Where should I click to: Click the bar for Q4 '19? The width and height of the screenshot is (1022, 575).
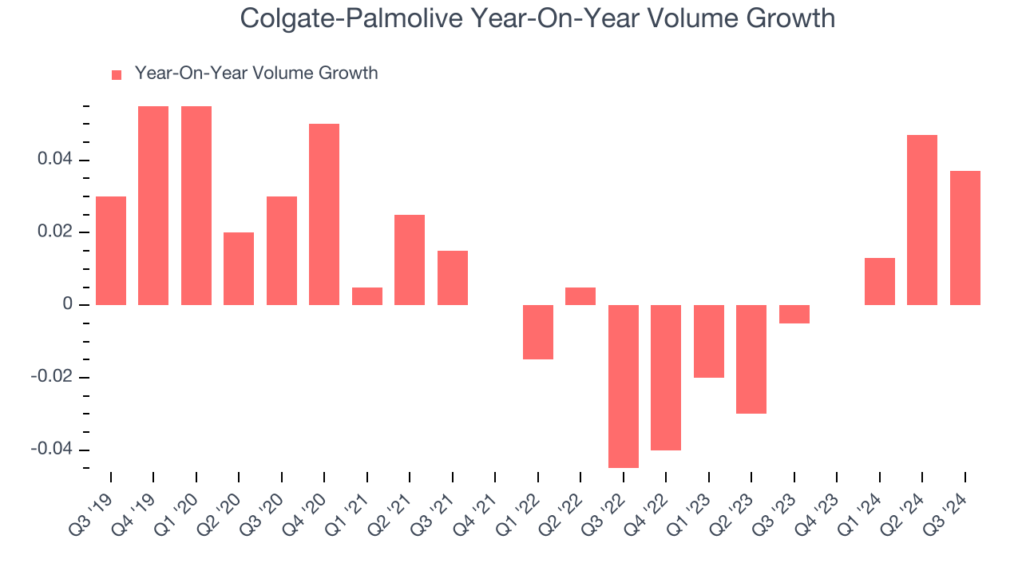click(153, 205)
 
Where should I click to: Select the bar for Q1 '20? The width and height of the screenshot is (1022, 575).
click(196, 205)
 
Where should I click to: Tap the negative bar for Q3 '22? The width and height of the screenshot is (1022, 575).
click(624, 386)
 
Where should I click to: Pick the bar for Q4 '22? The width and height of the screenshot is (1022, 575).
click(666, 377)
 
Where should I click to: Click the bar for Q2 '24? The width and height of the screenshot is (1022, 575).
click(922, 220)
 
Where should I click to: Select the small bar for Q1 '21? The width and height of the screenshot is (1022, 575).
click(367, 296)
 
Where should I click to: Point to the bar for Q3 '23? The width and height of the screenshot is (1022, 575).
click(794, 314)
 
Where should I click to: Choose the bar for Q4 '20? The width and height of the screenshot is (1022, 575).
click(324, 214)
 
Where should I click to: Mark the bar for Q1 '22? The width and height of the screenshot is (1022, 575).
click(538, 331)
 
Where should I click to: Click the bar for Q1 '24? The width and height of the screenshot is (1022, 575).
click(879, 281)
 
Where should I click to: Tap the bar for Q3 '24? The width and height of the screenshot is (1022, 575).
click(965, 238)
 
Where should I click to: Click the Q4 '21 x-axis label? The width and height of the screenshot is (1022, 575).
click(475, 504)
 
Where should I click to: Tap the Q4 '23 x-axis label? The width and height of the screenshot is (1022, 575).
click(817, 504)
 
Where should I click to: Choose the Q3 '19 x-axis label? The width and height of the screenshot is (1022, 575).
click(91, 504)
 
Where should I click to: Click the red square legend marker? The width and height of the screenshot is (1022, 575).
click(117, 75)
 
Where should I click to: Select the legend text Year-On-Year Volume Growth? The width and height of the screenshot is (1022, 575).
click(256, 73)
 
